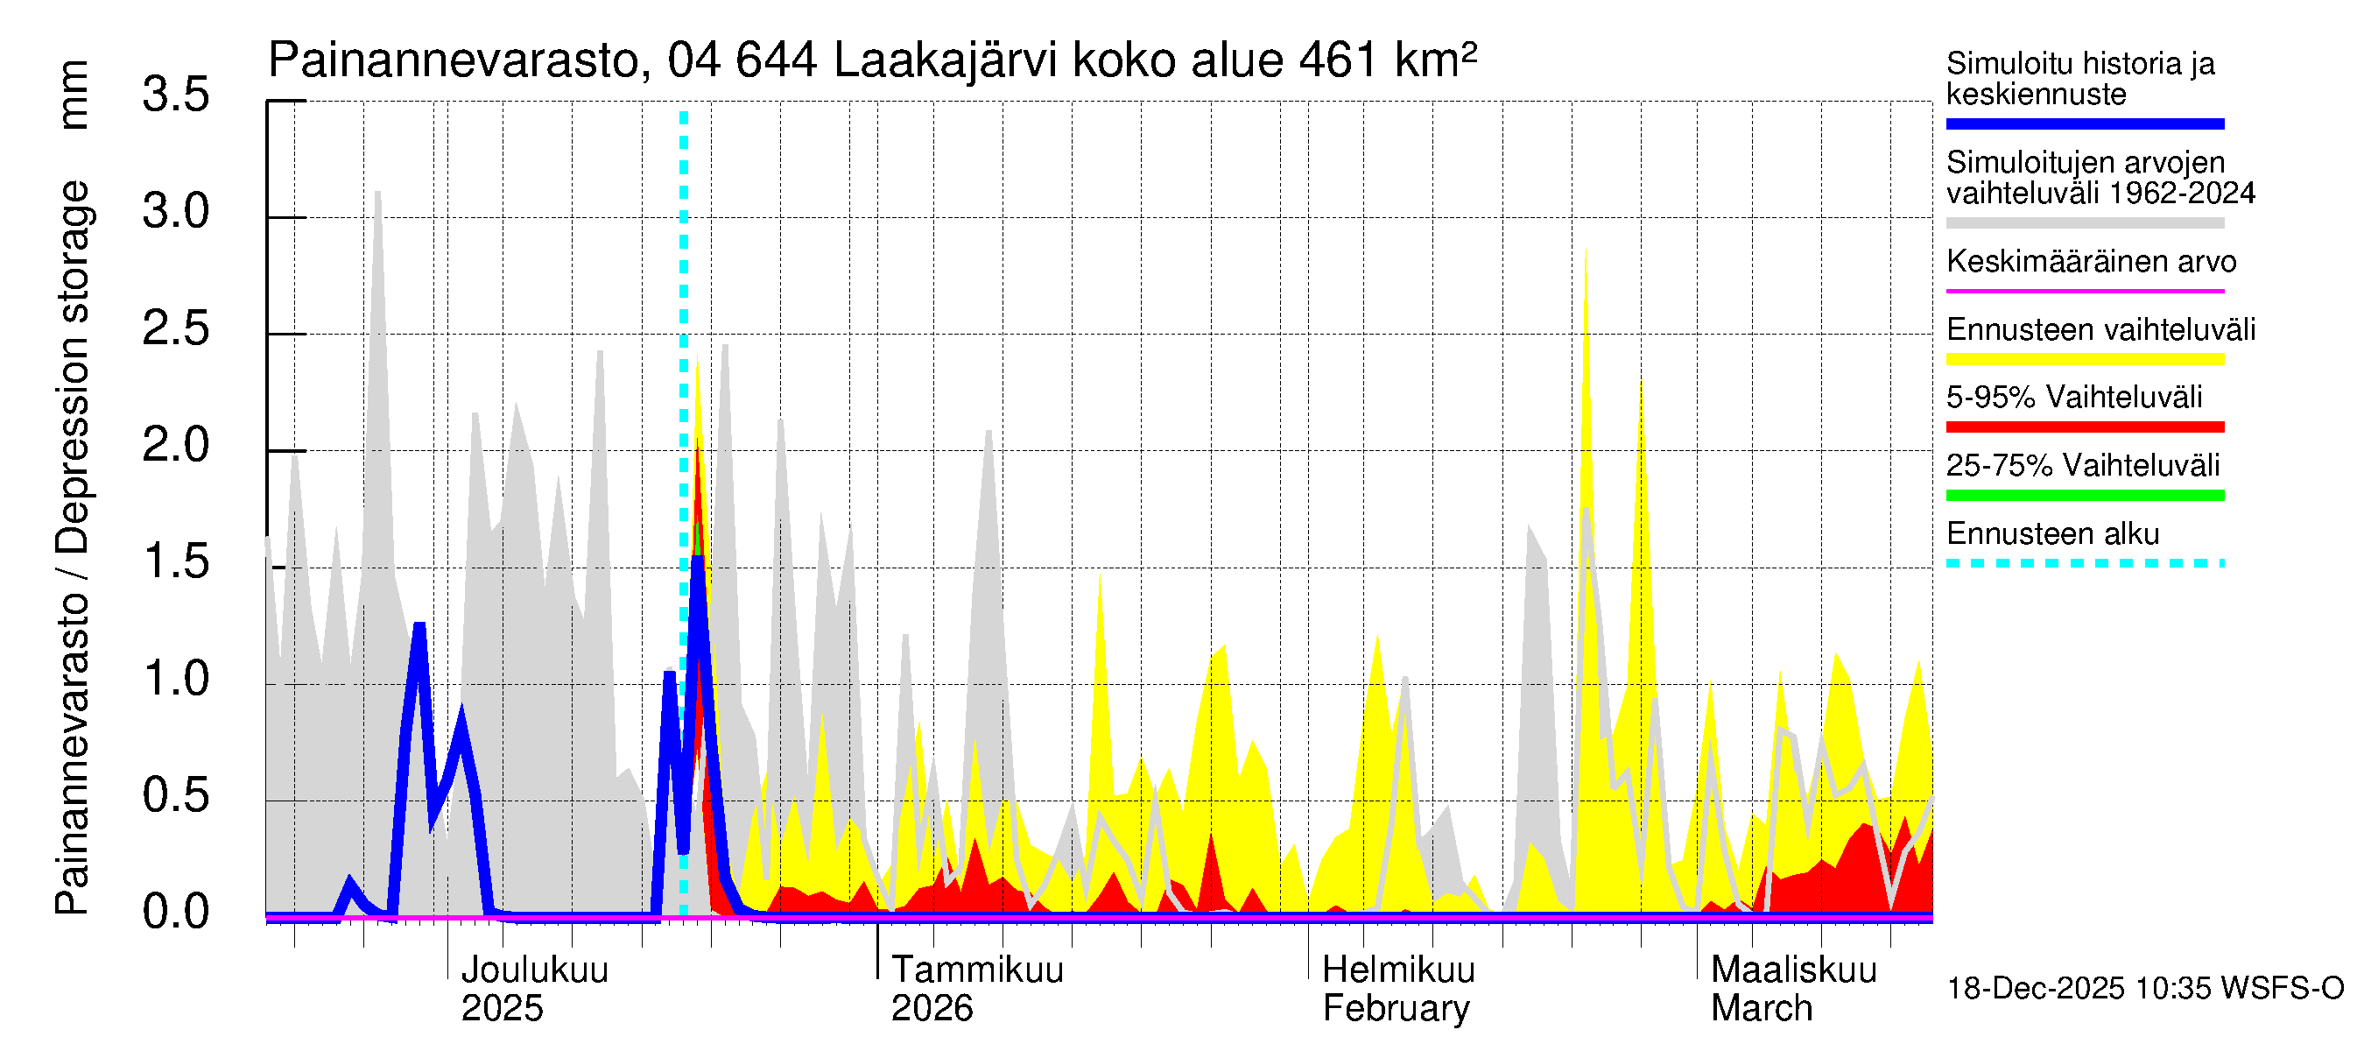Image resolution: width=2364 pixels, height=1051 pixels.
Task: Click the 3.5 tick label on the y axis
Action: coord(175,95)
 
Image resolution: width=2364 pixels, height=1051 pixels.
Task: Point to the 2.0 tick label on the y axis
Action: coord(175,446)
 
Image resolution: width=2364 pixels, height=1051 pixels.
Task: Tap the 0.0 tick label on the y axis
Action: coord(175,913)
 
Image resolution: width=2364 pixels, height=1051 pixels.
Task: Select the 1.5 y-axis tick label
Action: coord(175,562)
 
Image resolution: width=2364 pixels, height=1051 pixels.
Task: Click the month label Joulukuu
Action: coord(534,970)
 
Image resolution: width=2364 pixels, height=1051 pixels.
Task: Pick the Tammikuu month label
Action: coord(977,970)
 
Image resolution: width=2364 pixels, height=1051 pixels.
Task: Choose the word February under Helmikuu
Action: coord(1395,1009)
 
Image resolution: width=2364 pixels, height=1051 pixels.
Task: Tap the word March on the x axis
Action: coord(1761,1009)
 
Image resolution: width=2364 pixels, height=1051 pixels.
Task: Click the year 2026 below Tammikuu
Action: coord(932,1009)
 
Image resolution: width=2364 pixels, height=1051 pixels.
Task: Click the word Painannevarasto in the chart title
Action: coord(454,61)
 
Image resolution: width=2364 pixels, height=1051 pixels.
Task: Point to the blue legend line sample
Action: coord(2084,123)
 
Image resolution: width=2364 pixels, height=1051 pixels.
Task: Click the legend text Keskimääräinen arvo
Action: coord(2091,262)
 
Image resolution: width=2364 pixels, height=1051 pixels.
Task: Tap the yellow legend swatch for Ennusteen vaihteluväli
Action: coord(2084,359)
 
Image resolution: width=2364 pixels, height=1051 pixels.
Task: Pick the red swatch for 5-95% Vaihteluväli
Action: coord(2084,427)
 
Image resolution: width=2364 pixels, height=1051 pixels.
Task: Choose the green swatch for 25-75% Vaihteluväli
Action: coord(2084,496)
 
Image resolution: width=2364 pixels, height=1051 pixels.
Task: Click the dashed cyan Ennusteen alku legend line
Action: coord(2084,563)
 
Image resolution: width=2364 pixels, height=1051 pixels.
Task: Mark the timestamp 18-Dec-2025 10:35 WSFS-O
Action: coord(2144,989)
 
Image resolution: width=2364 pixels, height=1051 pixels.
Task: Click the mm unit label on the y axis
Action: coord(74,95)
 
